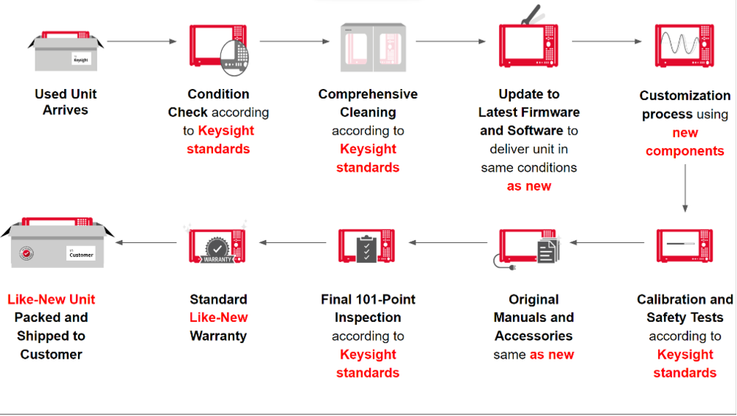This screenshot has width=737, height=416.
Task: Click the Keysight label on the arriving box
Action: tap(80, 58)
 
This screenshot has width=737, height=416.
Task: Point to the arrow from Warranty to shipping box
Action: tap(147, 242)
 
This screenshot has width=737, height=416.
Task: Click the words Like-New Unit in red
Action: tap(51, 299)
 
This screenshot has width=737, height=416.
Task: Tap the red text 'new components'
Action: tap(685, 142)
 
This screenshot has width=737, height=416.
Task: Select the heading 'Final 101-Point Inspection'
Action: tap(368, 309)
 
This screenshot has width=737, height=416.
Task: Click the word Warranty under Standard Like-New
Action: tap(218, 336)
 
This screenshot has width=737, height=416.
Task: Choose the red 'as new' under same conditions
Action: tap(528, 186)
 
